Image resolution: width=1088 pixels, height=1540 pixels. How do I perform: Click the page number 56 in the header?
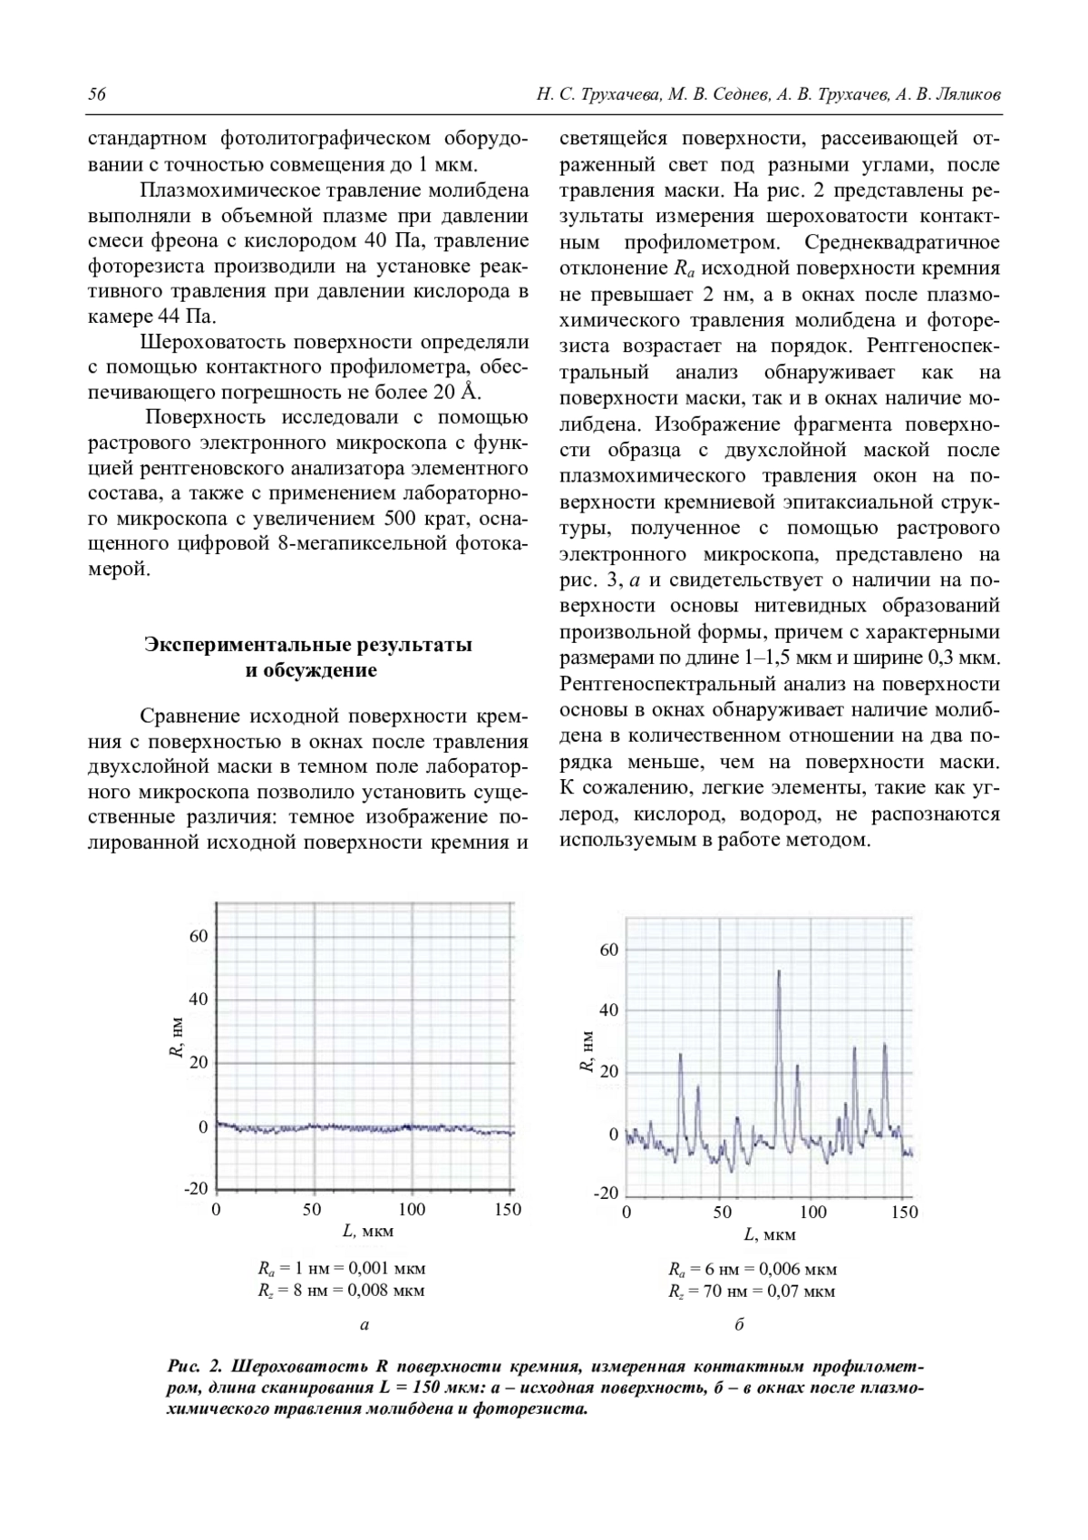97,94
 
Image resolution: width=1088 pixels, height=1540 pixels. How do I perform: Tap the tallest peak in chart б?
778,972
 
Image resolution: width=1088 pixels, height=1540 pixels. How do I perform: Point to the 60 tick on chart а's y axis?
199,936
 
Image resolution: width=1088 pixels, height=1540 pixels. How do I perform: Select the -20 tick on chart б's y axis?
606,1192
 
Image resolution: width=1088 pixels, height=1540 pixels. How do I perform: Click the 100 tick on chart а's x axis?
412,1210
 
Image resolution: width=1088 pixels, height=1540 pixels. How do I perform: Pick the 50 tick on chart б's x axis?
722,1212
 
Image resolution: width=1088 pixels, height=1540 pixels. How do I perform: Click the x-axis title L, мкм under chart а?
368,1232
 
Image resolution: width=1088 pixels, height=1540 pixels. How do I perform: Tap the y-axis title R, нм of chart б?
587,1052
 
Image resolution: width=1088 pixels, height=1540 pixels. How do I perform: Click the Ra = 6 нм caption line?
752,1270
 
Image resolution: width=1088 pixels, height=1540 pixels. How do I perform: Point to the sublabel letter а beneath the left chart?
364,1326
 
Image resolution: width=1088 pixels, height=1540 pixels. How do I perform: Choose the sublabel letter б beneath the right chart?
739,1326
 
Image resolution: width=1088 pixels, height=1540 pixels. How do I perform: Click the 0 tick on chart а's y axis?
203,1127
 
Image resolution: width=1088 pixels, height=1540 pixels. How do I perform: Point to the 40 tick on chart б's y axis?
608,1010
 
